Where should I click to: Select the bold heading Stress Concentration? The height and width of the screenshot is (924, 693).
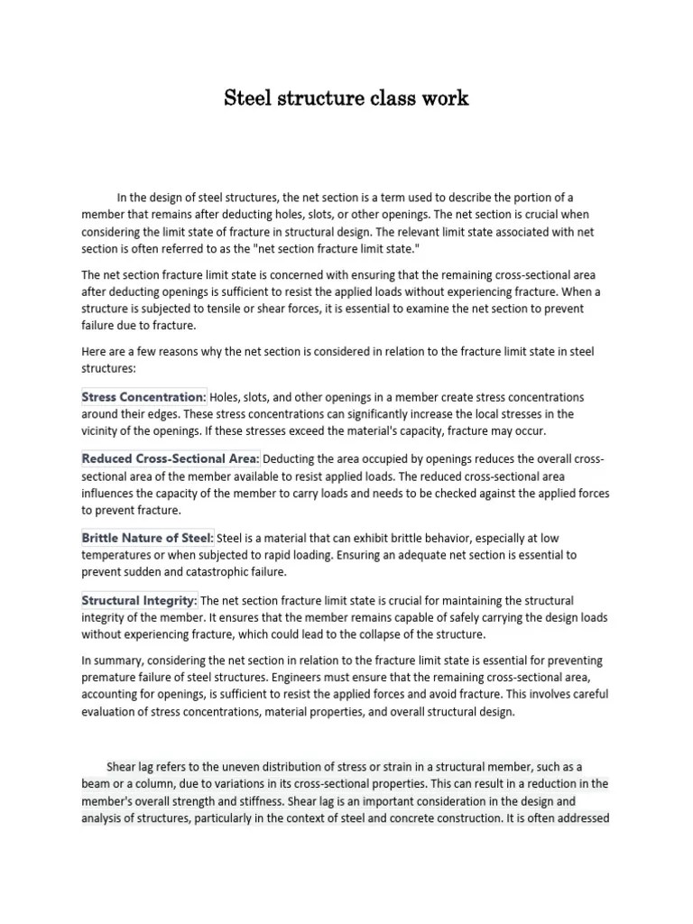click(x=143, y=397)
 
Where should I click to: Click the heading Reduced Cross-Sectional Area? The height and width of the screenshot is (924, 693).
click(x=171, y=459)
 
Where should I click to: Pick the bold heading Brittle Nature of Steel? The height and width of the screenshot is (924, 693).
click(x=147, y=538)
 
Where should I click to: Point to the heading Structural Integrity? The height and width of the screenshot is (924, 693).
click(x=139, y=601)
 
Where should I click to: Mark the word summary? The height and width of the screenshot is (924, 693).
click(x=117, y=660)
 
